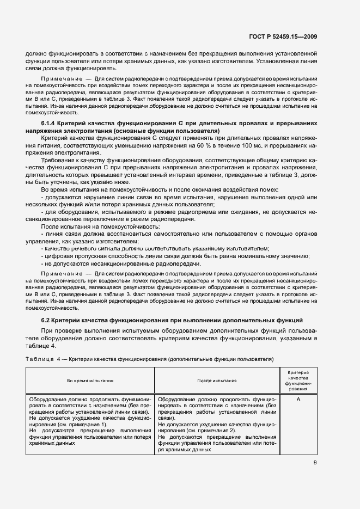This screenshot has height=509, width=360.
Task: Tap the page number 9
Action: tap(315, 463)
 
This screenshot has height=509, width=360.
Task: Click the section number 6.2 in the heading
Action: tap(46, 320)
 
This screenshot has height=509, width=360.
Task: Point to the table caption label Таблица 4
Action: tap(43, 359)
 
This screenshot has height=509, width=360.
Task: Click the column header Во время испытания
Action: tap(90, 381)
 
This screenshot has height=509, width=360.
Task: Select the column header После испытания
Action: tap(217, 381)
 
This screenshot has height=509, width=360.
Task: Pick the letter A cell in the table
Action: tap(298, 399)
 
